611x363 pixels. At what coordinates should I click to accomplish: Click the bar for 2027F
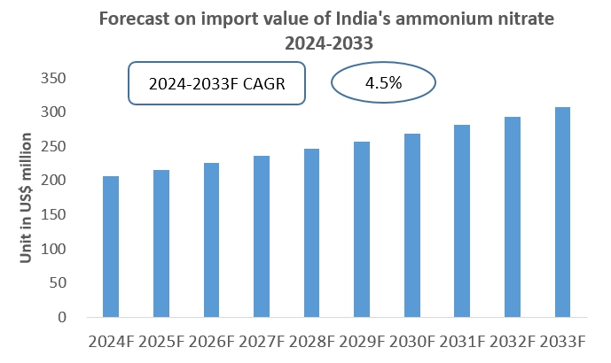262,236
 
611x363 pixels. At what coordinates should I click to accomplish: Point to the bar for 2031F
462,220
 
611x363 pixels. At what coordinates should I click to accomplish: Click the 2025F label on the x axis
161,341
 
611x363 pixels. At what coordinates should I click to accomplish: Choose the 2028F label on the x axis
312,341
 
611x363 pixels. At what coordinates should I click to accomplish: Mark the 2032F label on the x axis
513,341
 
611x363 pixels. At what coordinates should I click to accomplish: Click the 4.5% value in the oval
383,83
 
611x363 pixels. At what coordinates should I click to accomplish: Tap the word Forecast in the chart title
134,18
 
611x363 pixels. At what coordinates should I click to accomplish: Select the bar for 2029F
362,229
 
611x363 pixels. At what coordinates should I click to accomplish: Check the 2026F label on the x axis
211,341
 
